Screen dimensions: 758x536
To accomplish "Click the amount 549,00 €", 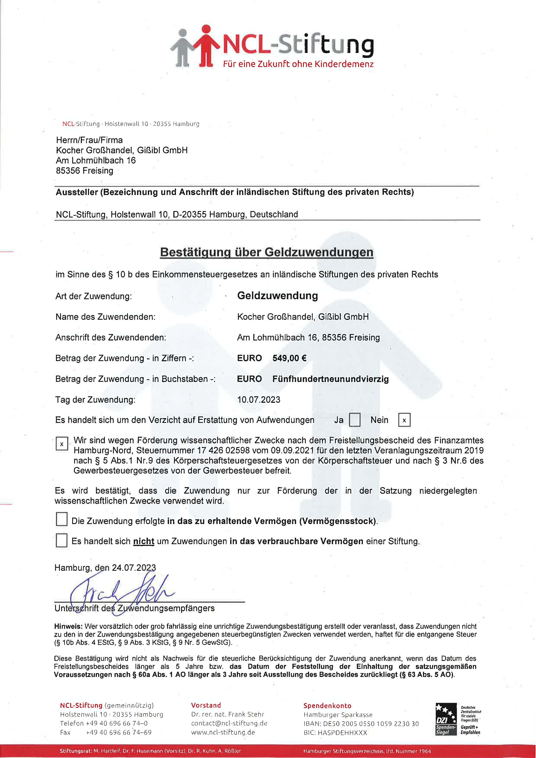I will [x=289, y=358].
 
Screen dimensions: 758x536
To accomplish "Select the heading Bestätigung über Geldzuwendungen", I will [x=267, y=252].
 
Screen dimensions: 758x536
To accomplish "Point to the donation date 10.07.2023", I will [x=259, y=400].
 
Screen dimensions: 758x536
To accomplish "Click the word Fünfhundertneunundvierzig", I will [x=330, y=379].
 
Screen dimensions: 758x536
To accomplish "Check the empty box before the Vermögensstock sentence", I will [x=61, y=519].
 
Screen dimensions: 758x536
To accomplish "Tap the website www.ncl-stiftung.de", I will [x=223, y=732].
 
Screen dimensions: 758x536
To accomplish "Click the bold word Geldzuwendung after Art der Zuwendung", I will [x=277, y=296].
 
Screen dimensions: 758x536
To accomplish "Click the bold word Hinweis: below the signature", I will [x=68, y=626].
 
